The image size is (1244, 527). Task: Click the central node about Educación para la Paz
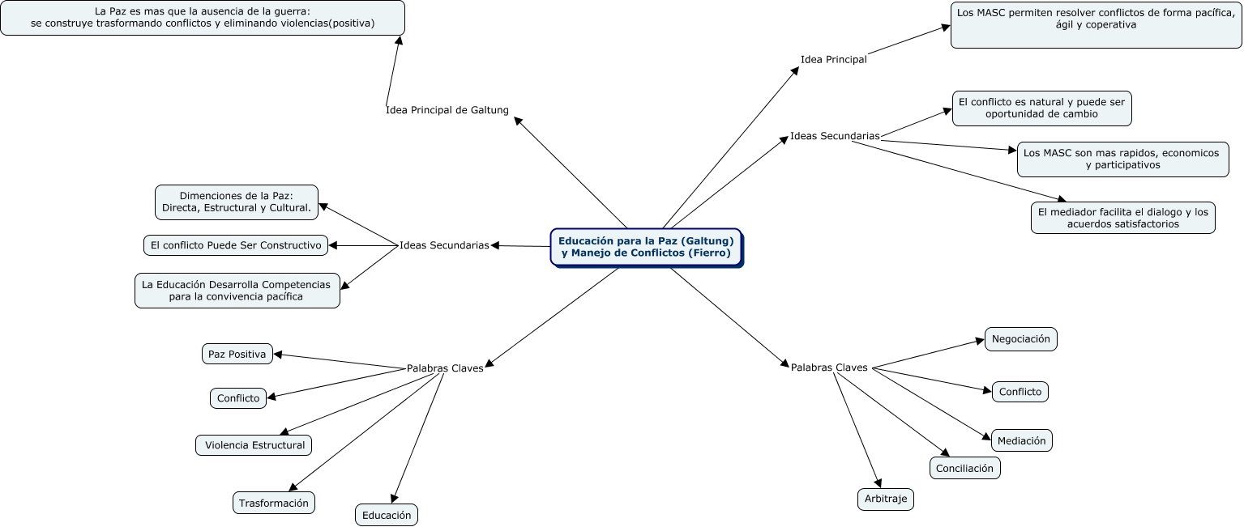point(647,248)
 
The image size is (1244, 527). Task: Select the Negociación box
point(1021,339)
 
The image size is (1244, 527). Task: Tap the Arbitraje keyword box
point(886,499)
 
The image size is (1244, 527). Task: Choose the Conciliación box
point(964,468)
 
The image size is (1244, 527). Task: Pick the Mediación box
point(1022,440)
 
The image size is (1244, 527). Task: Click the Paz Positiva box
point(237,354)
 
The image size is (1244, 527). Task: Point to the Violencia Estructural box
point(254,445)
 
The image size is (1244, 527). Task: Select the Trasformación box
point(274,503)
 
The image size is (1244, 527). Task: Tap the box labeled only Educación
point(387,515)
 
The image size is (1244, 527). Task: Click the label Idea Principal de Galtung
point(447,110)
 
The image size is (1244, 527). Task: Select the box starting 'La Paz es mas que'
point(203,18)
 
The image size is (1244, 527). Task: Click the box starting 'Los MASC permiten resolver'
point(1097,25)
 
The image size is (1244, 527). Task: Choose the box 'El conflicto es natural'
point(1042,108)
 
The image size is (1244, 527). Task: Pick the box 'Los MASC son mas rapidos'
point(1123,159)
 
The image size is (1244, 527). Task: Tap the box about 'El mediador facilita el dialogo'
point(1123,218)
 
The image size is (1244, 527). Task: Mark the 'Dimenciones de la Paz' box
point(237,202)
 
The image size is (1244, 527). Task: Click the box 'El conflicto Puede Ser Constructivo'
point(236,245)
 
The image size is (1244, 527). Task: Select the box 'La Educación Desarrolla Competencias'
point(237,290)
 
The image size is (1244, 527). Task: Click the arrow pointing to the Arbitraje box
point(857,430)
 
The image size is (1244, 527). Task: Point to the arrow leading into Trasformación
point(362,432)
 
